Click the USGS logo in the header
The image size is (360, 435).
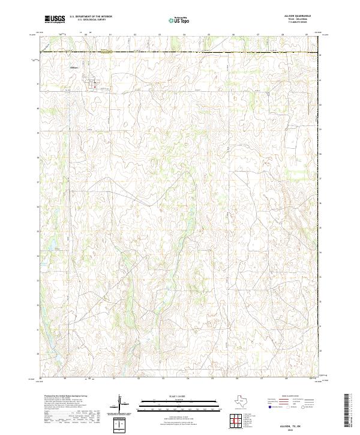coord(55,20)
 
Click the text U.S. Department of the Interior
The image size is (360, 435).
coord(91,17)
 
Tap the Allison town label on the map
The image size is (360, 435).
coord(75,67)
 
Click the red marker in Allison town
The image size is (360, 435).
coord(94,86)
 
